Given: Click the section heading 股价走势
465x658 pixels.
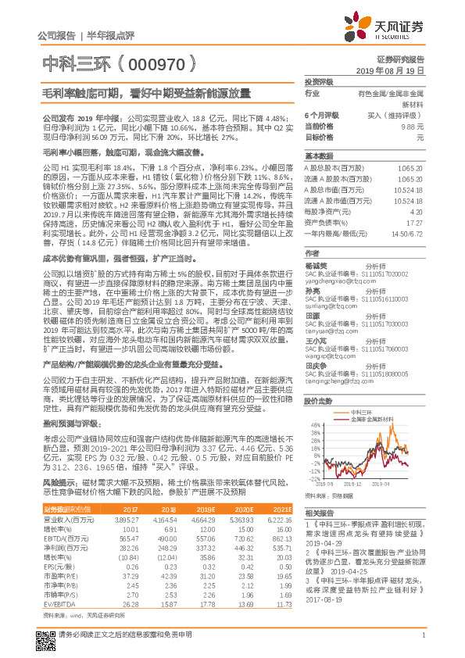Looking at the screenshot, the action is click(317, 400).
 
